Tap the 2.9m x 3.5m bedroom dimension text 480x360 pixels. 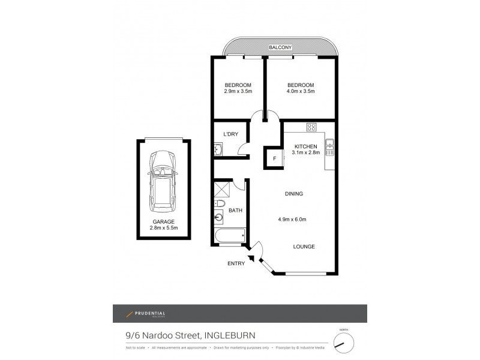(x=238, y=92)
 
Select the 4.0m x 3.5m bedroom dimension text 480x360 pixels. (x=300, y=92)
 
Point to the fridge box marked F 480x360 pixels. (x=274, y=159)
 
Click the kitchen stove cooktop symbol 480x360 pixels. (x=311, y=127)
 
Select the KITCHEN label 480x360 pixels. (x=305, y=146)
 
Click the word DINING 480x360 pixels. (x=293, y=194)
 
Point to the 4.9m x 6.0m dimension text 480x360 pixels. (x=293, y=219)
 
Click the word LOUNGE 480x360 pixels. (x=304, y=247)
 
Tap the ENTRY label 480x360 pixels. (x=236, y=263)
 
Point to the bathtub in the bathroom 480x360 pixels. (x=228, y=235)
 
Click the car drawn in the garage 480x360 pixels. (x=163, y=179)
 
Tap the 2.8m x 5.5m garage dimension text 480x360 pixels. (x=163, y=228)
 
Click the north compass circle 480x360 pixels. (x=343, y=343)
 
